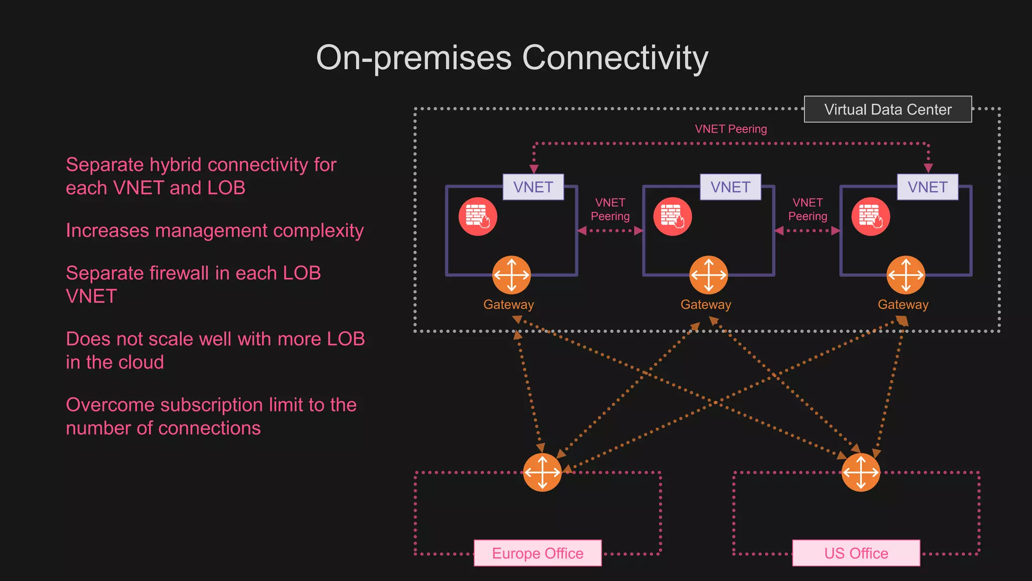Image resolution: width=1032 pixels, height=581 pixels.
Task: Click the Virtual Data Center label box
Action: pyautogui.click(x=887, y=109)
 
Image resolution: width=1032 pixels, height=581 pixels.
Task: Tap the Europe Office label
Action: pyautogui.click(x=537, y=553)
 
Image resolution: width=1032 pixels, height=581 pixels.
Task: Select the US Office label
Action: pyautogui.click(x=856, y=553)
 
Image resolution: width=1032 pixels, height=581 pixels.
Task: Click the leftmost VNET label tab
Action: pyautogui.click(x=533, y=187)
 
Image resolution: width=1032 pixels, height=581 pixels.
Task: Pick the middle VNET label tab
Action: pyautogui.click(x=730, y=187)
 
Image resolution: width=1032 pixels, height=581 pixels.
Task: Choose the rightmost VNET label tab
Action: pyautogui.click(x=927, y=187)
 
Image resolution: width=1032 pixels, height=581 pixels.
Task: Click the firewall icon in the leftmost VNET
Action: pyautogui.click(x=478, y=216)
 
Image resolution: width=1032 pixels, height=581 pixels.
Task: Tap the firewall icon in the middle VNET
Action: pyautogui.click(x=672, y=216)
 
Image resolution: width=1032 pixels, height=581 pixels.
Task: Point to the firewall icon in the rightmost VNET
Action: pyautogui.click(x=870, y=216)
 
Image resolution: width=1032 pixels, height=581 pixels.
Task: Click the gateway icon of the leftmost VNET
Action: pyautogui.click(x=511, y=275)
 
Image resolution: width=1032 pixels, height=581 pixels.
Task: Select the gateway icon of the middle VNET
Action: pyautogui.click(x=708, y=275)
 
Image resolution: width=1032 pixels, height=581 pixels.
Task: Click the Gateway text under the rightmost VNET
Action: pyautogui.click(x=902, y=305)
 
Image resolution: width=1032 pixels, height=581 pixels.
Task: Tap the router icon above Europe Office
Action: pyautogui.click(x=542, y=472)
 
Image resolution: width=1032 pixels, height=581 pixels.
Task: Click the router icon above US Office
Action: pyautogui.click(x=861, y=472)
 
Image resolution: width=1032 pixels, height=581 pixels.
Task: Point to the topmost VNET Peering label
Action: pyautogui.click(x=731, y=129)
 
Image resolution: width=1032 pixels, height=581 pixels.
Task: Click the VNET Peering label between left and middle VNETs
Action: pyautogui.click(x=610, y=209)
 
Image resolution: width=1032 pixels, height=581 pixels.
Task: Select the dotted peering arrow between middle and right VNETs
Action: pyautogui.click(x=807, y=231)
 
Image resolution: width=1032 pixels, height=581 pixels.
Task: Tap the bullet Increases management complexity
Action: pyautogui.click(x=215, y=230)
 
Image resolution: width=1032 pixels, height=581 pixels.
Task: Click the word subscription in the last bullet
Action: pyautogui.click(x=212, y=405)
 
